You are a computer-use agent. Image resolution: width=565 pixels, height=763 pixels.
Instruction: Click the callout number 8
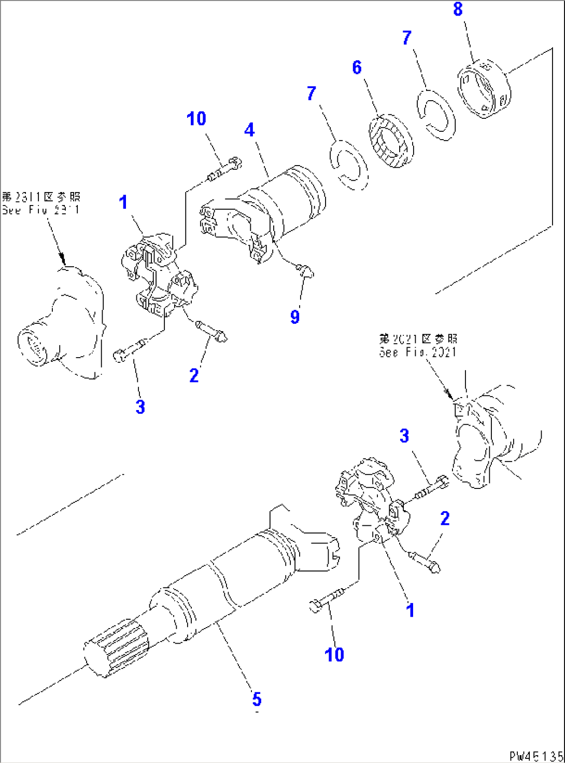coord(458,9)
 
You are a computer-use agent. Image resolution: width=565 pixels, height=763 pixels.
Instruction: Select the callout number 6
coord(357,67)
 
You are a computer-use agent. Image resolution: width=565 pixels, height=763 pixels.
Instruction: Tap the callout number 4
coord(249,130)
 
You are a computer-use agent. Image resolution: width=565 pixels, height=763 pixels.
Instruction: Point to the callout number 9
coord(294,316)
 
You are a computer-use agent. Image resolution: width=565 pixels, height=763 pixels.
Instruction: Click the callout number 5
coord(257,699)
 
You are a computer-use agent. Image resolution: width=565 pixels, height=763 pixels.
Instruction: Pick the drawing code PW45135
coord(535,756)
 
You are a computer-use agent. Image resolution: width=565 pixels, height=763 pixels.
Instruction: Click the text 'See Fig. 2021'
coord(418,352)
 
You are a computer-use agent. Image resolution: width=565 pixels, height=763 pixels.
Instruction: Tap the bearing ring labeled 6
coord(391,141)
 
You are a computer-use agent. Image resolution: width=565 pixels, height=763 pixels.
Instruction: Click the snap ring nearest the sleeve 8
coord(436,115)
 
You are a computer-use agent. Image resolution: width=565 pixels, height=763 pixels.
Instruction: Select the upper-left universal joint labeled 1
coord(158,275)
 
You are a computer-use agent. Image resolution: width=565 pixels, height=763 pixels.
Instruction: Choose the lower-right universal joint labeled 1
coord(371,498)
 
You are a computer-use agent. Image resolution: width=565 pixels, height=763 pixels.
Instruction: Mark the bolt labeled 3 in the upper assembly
coord(130,350)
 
